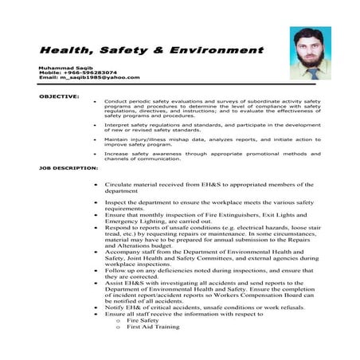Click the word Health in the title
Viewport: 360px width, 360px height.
click(67, 49)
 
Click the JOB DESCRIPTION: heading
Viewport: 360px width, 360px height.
click(68, 169)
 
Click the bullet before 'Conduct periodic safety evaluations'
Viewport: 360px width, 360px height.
click(96, 101)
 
